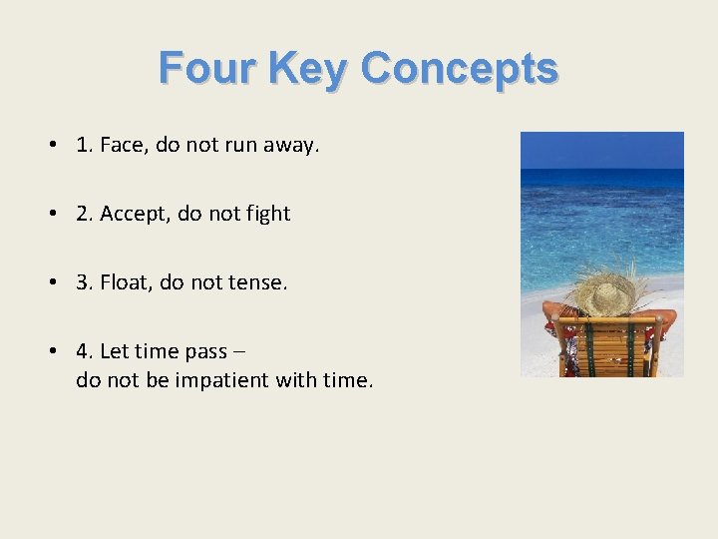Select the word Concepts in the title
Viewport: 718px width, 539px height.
click(460, 69)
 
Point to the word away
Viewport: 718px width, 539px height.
click(291, 145)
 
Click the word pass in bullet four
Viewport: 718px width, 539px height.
click(206, 352)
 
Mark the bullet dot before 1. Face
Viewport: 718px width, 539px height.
click(50, 146)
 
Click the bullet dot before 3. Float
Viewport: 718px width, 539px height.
click(50, 283)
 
